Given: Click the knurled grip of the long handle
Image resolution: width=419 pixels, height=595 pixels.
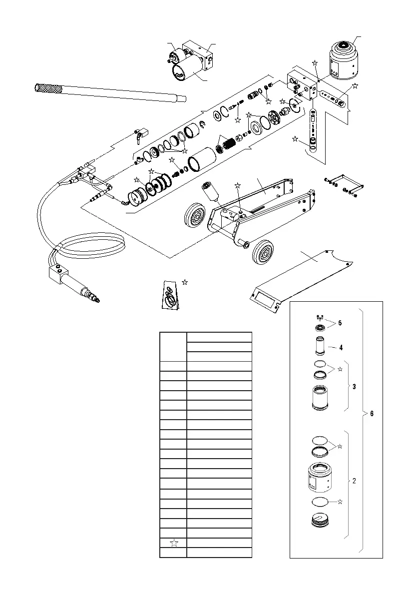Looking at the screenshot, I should click(47, 89).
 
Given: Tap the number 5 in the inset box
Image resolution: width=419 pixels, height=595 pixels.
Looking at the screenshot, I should click(340, 322).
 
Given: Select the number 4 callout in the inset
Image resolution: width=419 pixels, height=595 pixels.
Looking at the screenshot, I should click(340, 346).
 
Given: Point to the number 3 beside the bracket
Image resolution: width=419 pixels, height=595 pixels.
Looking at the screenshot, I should click(354, 387).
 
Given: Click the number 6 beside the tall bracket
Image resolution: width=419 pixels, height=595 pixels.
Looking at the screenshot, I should click(371, 414).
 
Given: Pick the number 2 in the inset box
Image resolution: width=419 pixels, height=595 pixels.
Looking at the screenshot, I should click(354, 481).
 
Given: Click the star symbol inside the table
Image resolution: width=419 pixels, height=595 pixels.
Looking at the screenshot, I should click(173, 543).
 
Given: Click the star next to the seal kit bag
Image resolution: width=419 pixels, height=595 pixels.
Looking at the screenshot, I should click(185, 283).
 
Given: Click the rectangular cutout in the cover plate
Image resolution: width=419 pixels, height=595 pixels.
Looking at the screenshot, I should click(266, 301).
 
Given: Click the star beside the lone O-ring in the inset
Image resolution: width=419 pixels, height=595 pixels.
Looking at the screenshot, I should click(340, 501).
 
